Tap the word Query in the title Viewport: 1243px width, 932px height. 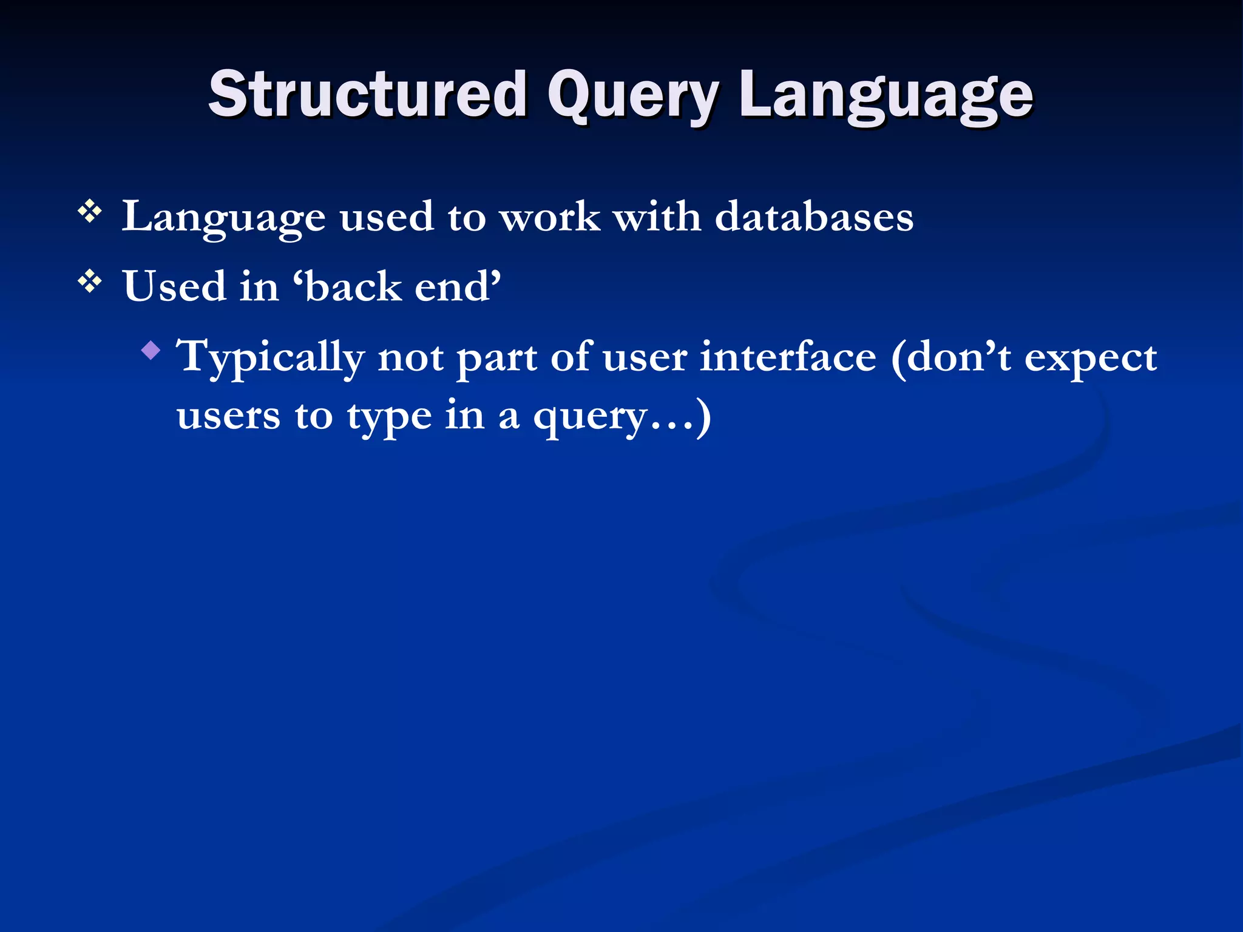(632, 97)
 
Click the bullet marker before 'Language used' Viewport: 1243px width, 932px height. (90, 212)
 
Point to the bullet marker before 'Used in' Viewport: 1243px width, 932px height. (90, 282)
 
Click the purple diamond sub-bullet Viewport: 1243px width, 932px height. (151, 350)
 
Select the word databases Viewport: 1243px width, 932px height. (814, 217)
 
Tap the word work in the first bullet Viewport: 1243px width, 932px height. (550, 217)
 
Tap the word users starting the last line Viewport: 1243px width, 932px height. (228, 416)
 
